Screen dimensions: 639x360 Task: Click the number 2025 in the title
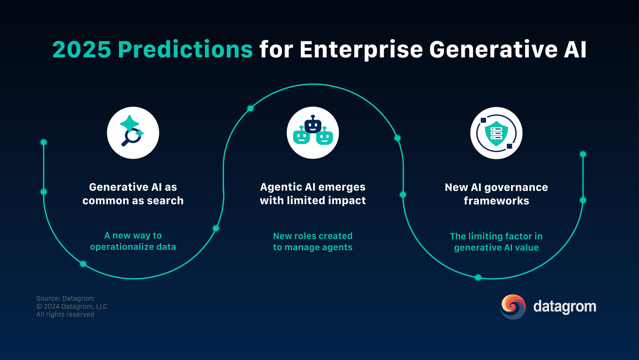[81, 49]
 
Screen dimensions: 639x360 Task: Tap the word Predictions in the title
[185, 49]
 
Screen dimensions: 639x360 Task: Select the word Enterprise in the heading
[362, 49]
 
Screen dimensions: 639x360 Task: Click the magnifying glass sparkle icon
[132, 132]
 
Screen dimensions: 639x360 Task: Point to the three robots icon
[313, 132]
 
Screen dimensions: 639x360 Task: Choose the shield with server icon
[496, 132]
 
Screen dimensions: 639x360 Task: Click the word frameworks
[496, 201]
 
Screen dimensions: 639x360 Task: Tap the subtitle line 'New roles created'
[313, 236]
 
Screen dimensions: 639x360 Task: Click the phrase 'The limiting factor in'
[496, 236]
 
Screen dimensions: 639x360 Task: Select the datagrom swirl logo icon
[513, 307]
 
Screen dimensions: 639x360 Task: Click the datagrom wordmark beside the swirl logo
[564, 307]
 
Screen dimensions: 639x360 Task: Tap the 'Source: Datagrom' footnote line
[65, 299]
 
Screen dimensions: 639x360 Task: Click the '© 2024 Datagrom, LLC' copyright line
[72, 306]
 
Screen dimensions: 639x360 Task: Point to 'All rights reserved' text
[65, 314]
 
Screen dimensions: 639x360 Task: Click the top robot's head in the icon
[313, 125]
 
